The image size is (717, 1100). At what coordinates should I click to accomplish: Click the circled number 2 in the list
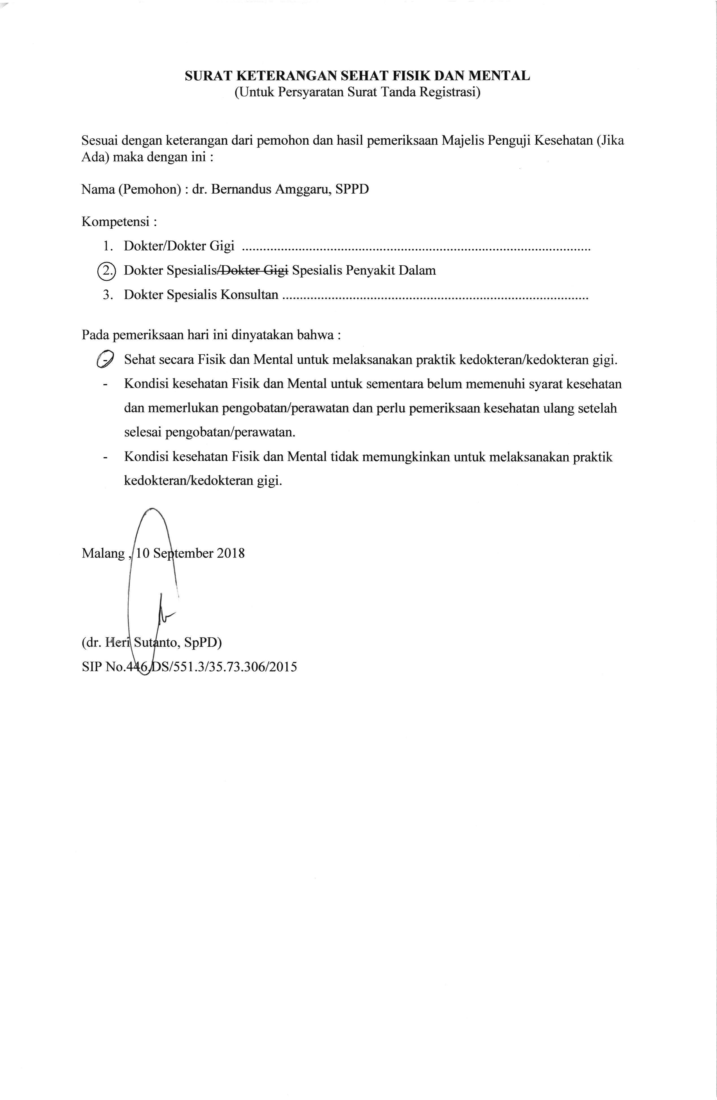click(108, 270)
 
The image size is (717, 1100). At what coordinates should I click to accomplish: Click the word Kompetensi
click(116, 222)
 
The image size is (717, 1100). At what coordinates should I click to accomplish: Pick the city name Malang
click(103, 553)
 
